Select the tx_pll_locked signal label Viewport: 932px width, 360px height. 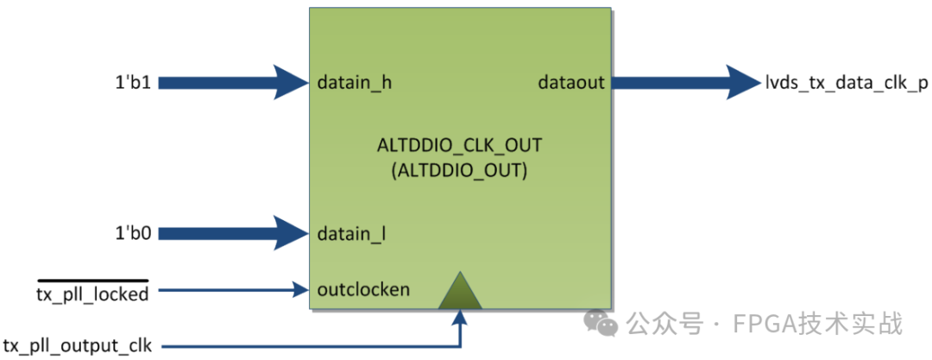point(92,294)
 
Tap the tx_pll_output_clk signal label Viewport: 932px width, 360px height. point(78,345)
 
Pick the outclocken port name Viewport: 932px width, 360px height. point(363,289)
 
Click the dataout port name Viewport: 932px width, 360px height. point(570,84)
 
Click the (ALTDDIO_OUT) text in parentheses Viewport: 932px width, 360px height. point(458,171)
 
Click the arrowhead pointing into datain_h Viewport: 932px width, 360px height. point(292,83)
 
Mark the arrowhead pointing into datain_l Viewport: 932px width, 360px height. point(292,232)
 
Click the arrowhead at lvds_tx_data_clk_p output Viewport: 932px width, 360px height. point(741,83)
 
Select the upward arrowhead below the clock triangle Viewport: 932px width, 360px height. point(462,318)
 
